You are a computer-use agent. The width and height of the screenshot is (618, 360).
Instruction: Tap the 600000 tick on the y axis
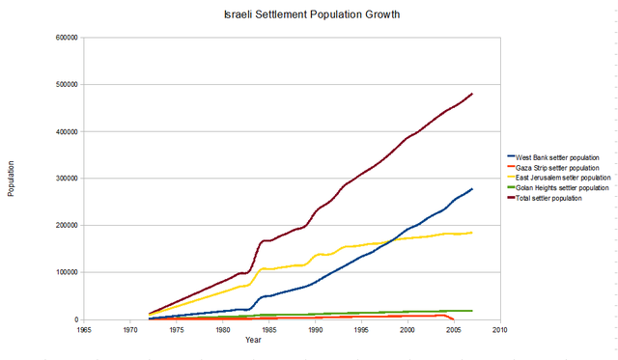(67, 38)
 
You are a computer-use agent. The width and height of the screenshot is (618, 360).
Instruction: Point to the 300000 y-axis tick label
(67, 179)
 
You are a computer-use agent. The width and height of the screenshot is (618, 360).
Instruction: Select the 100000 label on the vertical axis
(67, 272)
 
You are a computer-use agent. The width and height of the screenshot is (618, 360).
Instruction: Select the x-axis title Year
(252, 340)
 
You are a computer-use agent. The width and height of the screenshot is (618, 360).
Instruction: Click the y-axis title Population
(12, 179)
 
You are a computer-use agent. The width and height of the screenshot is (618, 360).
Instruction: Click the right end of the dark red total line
(472, 94)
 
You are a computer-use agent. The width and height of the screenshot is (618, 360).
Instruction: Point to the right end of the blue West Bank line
(472, 189)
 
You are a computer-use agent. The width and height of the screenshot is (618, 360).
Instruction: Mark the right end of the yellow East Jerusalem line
(472, 232)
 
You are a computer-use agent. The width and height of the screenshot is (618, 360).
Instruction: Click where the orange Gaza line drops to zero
(454, 318)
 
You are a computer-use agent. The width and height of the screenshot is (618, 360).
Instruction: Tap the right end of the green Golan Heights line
(472, 311)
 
